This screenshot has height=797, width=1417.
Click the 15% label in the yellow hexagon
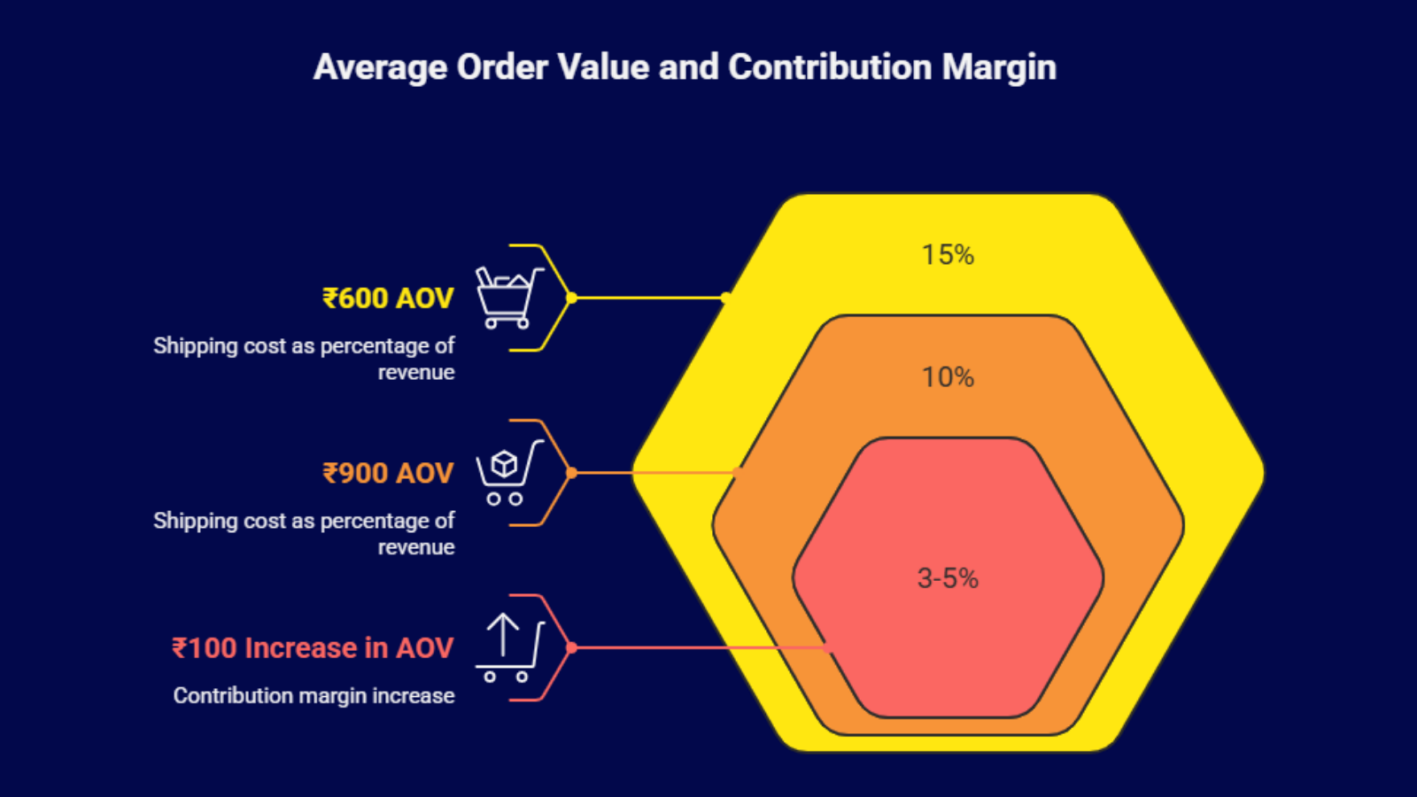(948, 255)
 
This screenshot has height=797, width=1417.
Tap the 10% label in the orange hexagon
(948, 377)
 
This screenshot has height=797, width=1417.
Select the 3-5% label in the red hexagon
(948, 578)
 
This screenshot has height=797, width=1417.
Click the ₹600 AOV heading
(388, 298)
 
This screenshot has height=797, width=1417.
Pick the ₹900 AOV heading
(388, 474)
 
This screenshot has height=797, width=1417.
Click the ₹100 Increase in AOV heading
(313, 648)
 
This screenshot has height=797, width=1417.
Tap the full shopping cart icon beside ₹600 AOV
(507, 298)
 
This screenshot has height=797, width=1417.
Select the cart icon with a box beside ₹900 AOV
(507, 473)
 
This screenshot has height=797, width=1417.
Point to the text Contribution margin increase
(314, 696)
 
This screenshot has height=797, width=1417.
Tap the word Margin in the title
(999, 68)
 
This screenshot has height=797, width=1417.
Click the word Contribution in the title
(830, 68)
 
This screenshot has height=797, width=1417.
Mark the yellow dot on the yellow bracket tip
(571, 298)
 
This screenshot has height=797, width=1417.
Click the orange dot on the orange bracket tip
(571, 473)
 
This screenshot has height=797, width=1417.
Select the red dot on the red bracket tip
(571, 648)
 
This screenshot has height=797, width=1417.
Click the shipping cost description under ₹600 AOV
(304, 359)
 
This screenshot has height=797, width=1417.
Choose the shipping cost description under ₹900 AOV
(304, 534)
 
